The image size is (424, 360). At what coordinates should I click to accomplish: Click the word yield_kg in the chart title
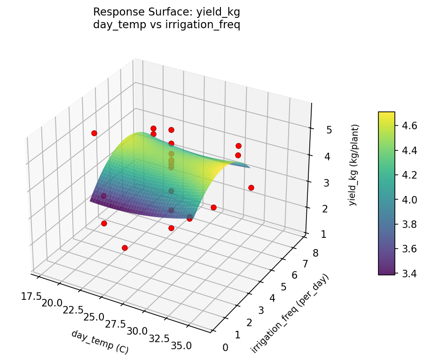coord(220,12)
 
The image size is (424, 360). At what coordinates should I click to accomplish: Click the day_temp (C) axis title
coord(100,342)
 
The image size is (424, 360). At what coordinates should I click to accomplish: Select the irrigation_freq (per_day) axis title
coord(290,313)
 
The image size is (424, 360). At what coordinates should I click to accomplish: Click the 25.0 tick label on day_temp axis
coord(94,317)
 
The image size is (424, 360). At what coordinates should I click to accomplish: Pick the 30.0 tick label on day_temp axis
coord(137,331)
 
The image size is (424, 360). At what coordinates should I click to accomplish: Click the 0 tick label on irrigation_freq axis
coord(225,348)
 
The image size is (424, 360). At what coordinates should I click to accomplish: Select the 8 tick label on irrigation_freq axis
coord(315,254)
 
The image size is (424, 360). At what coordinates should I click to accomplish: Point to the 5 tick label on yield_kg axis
coord(329,130)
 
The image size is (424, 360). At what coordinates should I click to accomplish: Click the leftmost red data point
coord(94,133)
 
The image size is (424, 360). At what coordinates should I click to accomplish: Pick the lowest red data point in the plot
coord(125,248)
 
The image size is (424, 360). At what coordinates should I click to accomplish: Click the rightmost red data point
coord(251,188)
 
